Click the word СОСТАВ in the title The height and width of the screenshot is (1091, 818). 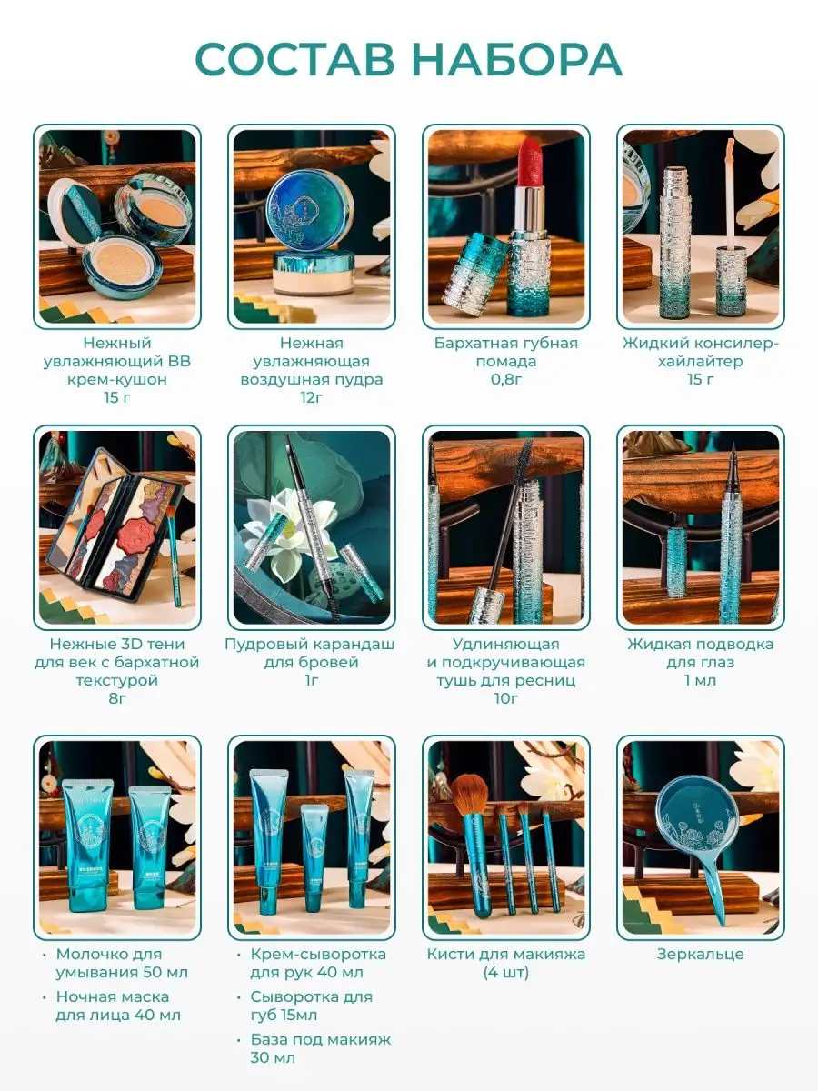point(295,60)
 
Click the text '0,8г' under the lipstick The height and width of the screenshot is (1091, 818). point(506,379)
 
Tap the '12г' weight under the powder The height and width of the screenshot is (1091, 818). point(312,397)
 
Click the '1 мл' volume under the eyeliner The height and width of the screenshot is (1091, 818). point(700,680)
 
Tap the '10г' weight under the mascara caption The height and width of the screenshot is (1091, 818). point(506,698)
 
